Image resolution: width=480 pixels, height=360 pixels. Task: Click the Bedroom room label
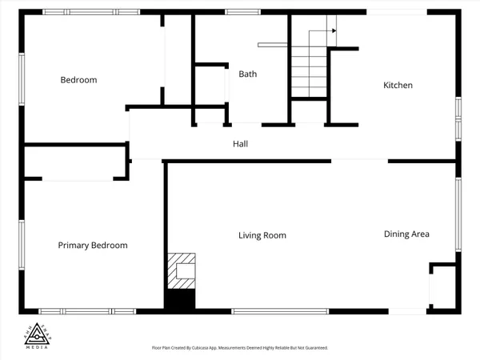(x=79, y=80)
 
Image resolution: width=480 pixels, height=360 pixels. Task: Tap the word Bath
(x=247, y=74)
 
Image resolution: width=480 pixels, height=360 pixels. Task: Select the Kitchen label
(x=398, y=85)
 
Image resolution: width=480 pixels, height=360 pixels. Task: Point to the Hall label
(x=240, y=145)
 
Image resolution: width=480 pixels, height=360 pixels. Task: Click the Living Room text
(x=262, y=235)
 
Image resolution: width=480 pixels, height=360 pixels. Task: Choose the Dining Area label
(x=406, y=234)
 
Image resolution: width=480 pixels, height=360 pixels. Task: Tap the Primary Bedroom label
(x=93, y=246)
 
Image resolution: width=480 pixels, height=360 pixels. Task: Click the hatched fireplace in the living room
(x=180, y=270)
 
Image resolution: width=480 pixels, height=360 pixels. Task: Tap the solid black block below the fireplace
(x=180, y=300)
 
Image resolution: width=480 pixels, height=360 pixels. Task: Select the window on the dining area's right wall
(x=458, y=216)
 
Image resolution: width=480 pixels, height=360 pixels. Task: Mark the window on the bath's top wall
(x=242, y=12)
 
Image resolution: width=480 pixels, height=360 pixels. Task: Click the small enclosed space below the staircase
(x=308, y=112)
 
